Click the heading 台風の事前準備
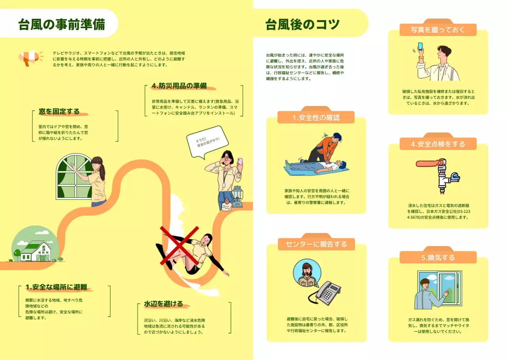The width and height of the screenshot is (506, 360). point(62,25)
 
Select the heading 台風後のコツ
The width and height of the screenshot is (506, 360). point(302,25)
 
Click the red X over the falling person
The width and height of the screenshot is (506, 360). point(179,246)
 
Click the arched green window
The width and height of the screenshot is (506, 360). point(75,176)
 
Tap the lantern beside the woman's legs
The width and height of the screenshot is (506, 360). point(237,197)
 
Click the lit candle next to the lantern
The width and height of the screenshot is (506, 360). point(227,205)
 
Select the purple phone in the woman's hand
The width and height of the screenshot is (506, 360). point(240,162)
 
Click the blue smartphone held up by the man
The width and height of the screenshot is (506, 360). point(420,46)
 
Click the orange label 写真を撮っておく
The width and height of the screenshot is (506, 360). point(438,30)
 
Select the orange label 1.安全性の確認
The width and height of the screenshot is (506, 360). point(316,117)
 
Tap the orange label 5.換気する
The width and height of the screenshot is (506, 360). point(438,258)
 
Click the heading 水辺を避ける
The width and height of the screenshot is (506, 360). point(163,304)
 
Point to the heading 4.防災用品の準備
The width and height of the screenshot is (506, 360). point(179,86)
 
